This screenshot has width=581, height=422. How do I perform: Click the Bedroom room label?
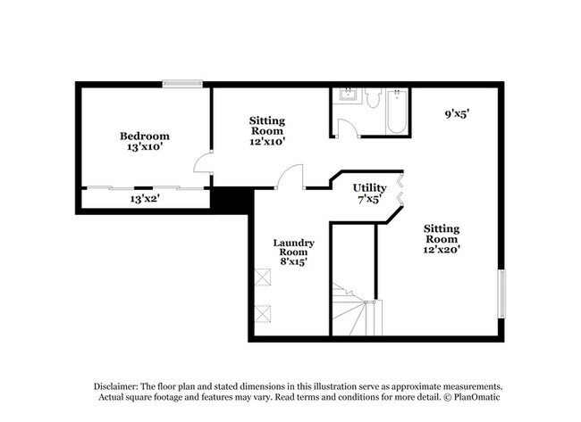[x=144, y=136]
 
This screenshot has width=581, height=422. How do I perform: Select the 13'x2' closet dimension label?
[x=144, y=199]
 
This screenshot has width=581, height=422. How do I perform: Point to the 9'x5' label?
[x=458, y=113]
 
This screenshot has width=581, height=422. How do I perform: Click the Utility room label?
[x=368, y=187]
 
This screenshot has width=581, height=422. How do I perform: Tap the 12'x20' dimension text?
[x=442, y=250]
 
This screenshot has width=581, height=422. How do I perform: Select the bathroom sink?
[x=345, y=96]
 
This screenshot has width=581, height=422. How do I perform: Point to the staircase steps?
[x=351, y=312]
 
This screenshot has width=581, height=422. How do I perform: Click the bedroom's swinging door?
[x=203, y=164]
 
